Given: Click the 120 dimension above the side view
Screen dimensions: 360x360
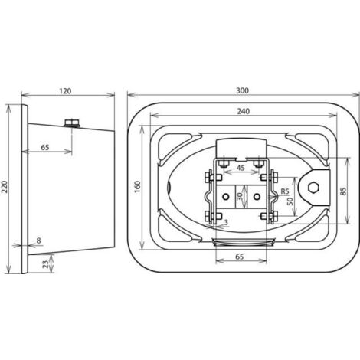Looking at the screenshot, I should point(65,91).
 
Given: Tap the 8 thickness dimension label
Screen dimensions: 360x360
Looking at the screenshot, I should point(39,241).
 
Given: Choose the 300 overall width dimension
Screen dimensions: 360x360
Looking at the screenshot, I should point(242,91).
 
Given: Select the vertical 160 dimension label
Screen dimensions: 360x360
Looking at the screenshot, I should point(138,186).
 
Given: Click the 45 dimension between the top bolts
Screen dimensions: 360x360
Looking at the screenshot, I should point(241,167).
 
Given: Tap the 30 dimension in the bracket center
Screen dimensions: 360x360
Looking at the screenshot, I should point(239,196).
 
